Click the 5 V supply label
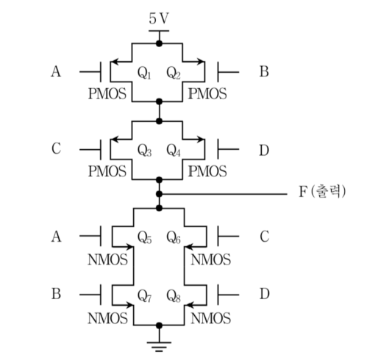(x=159, y=18)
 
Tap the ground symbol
(x=159, y=346)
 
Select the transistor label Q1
(x=144, y=73)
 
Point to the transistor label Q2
(x=174, y=73)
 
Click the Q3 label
(x=144, y=150)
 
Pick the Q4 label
(x=174, y=150)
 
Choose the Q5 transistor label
(x=144, y=237)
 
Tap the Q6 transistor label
(x=174, y=237)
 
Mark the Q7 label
(x=144, y=295)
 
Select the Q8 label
(x=174, y=295)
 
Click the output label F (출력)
(x=322, y=191)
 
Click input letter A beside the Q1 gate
(x=56, y=71)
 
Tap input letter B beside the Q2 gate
(x=264, y=71)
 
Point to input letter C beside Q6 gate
(x=265, y=237)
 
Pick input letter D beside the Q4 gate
(x=264, y=150)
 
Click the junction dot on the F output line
(x=159, y=194)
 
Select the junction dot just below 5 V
(x=159, y=43)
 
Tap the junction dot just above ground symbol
(x=159, y=325)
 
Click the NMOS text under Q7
(x=107, y=318)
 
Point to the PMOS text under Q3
(x=107, y=171)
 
